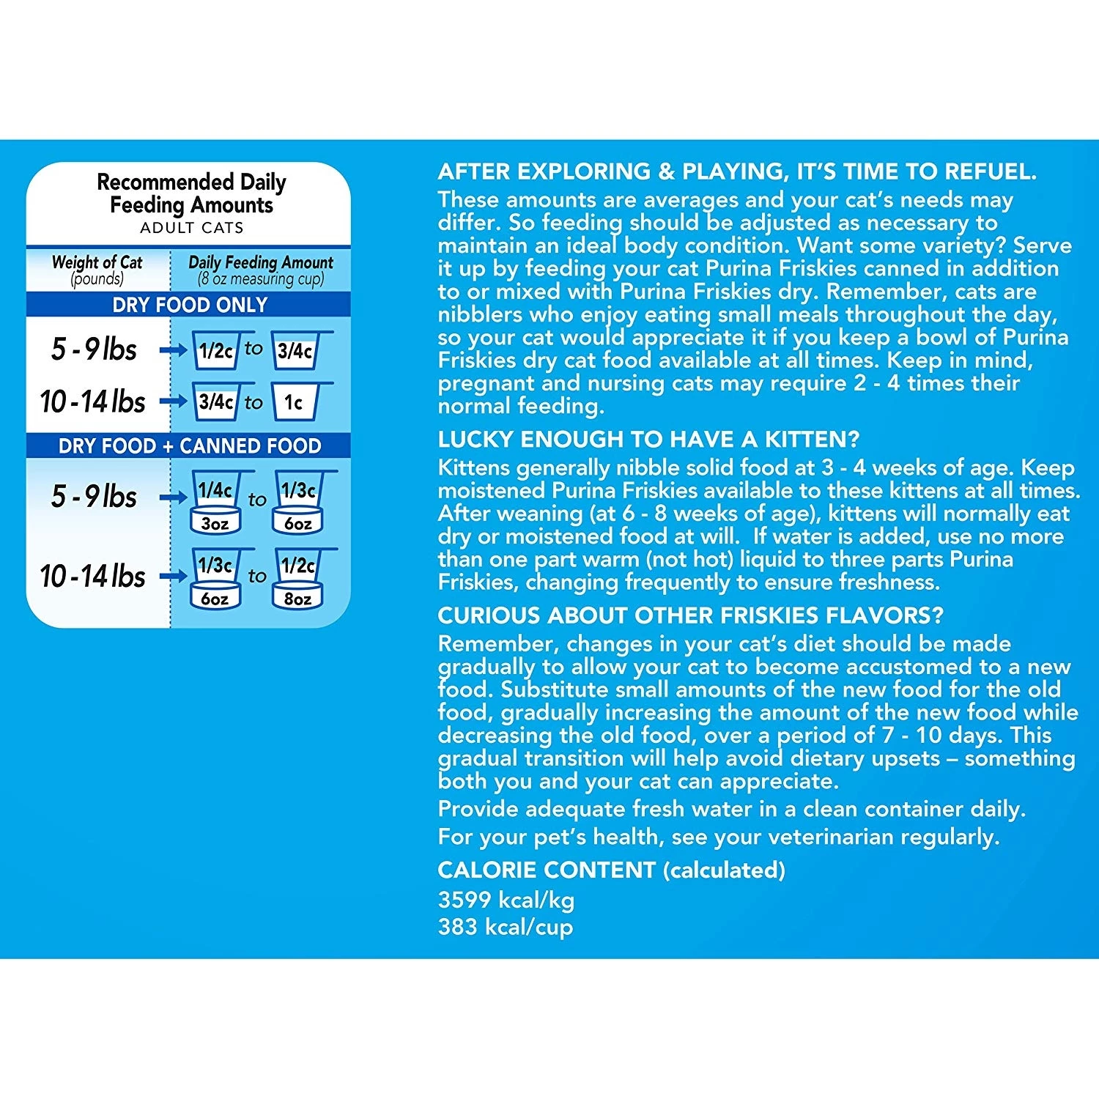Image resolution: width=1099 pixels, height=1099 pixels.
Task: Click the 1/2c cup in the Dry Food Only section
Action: point(215,350)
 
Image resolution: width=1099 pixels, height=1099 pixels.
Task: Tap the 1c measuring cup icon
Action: point(295,402)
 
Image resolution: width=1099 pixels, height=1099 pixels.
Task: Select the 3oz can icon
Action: point(215,523)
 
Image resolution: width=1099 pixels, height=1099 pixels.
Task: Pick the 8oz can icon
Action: point(297,599)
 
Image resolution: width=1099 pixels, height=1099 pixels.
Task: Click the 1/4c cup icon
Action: point(215,489)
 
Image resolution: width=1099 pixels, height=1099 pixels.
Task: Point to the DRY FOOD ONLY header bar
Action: point(189,305)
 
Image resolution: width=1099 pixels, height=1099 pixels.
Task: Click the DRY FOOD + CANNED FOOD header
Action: point(189,445)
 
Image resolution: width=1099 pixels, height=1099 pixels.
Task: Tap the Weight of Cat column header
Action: point(97,270)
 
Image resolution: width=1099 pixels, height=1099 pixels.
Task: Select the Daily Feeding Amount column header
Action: point(260,270)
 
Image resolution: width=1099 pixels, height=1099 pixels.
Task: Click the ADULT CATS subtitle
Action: point(191,228)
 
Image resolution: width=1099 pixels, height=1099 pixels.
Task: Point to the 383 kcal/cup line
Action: point(505,927)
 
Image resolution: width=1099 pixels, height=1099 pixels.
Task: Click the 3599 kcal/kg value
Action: point(506,900)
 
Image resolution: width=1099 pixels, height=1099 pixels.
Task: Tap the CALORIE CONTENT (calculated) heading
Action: point(611,870)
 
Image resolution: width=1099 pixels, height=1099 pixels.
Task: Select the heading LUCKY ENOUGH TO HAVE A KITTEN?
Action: point(648,439)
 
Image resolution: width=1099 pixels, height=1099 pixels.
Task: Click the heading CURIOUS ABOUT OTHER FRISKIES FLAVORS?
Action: point(690,615)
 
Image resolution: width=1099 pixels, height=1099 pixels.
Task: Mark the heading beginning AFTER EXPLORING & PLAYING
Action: point(737,171)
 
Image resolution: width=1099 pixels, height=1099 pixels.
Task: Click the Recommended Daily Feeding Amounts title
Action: point(191,193)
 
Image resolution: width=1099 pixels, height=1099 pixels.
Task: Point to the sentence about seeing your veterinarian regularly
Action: point(718,837)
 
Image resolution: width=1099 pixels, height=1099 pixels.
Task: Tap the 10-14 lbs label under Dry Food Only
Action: point(93,402)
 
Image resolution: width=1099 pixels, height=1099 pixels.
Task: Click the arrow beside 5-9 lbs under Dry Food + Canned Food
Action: point(173,497)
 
